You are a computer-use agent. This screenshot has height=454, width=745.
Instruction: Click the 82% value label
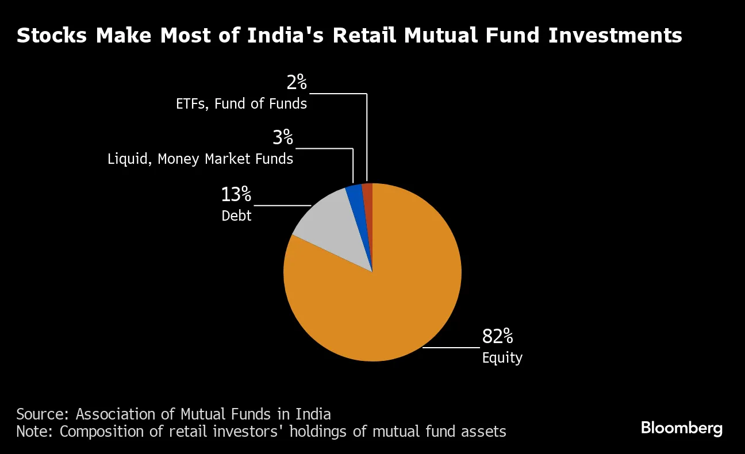tap(497, 337)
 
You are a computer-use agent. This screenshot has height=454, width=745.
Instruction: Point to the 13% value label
tap(236, 195)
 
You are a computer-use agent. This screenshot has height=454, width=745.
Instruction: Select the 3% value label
tap(283, 138)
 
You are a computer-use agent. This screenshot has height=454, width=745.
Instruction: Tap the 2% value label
tap(297, 83)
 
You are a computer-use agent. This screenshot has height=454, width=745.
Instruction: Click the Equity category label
tap(502, 358)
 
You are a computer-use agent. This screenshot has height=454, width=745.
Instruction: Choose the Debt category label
tap(237, 216)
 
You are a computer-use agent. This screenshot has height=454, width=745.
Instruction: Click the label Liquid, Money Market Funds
tap(201, 159)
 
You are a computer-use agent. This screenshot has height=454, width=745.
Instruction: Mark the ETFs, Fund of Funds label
tap(241, 104)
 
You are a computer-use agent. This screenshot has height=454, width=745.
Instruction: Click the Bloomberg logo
tap(682, 428)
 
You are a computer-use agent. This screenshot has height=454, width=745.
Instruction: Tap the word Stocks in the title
tap(52, 36)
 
